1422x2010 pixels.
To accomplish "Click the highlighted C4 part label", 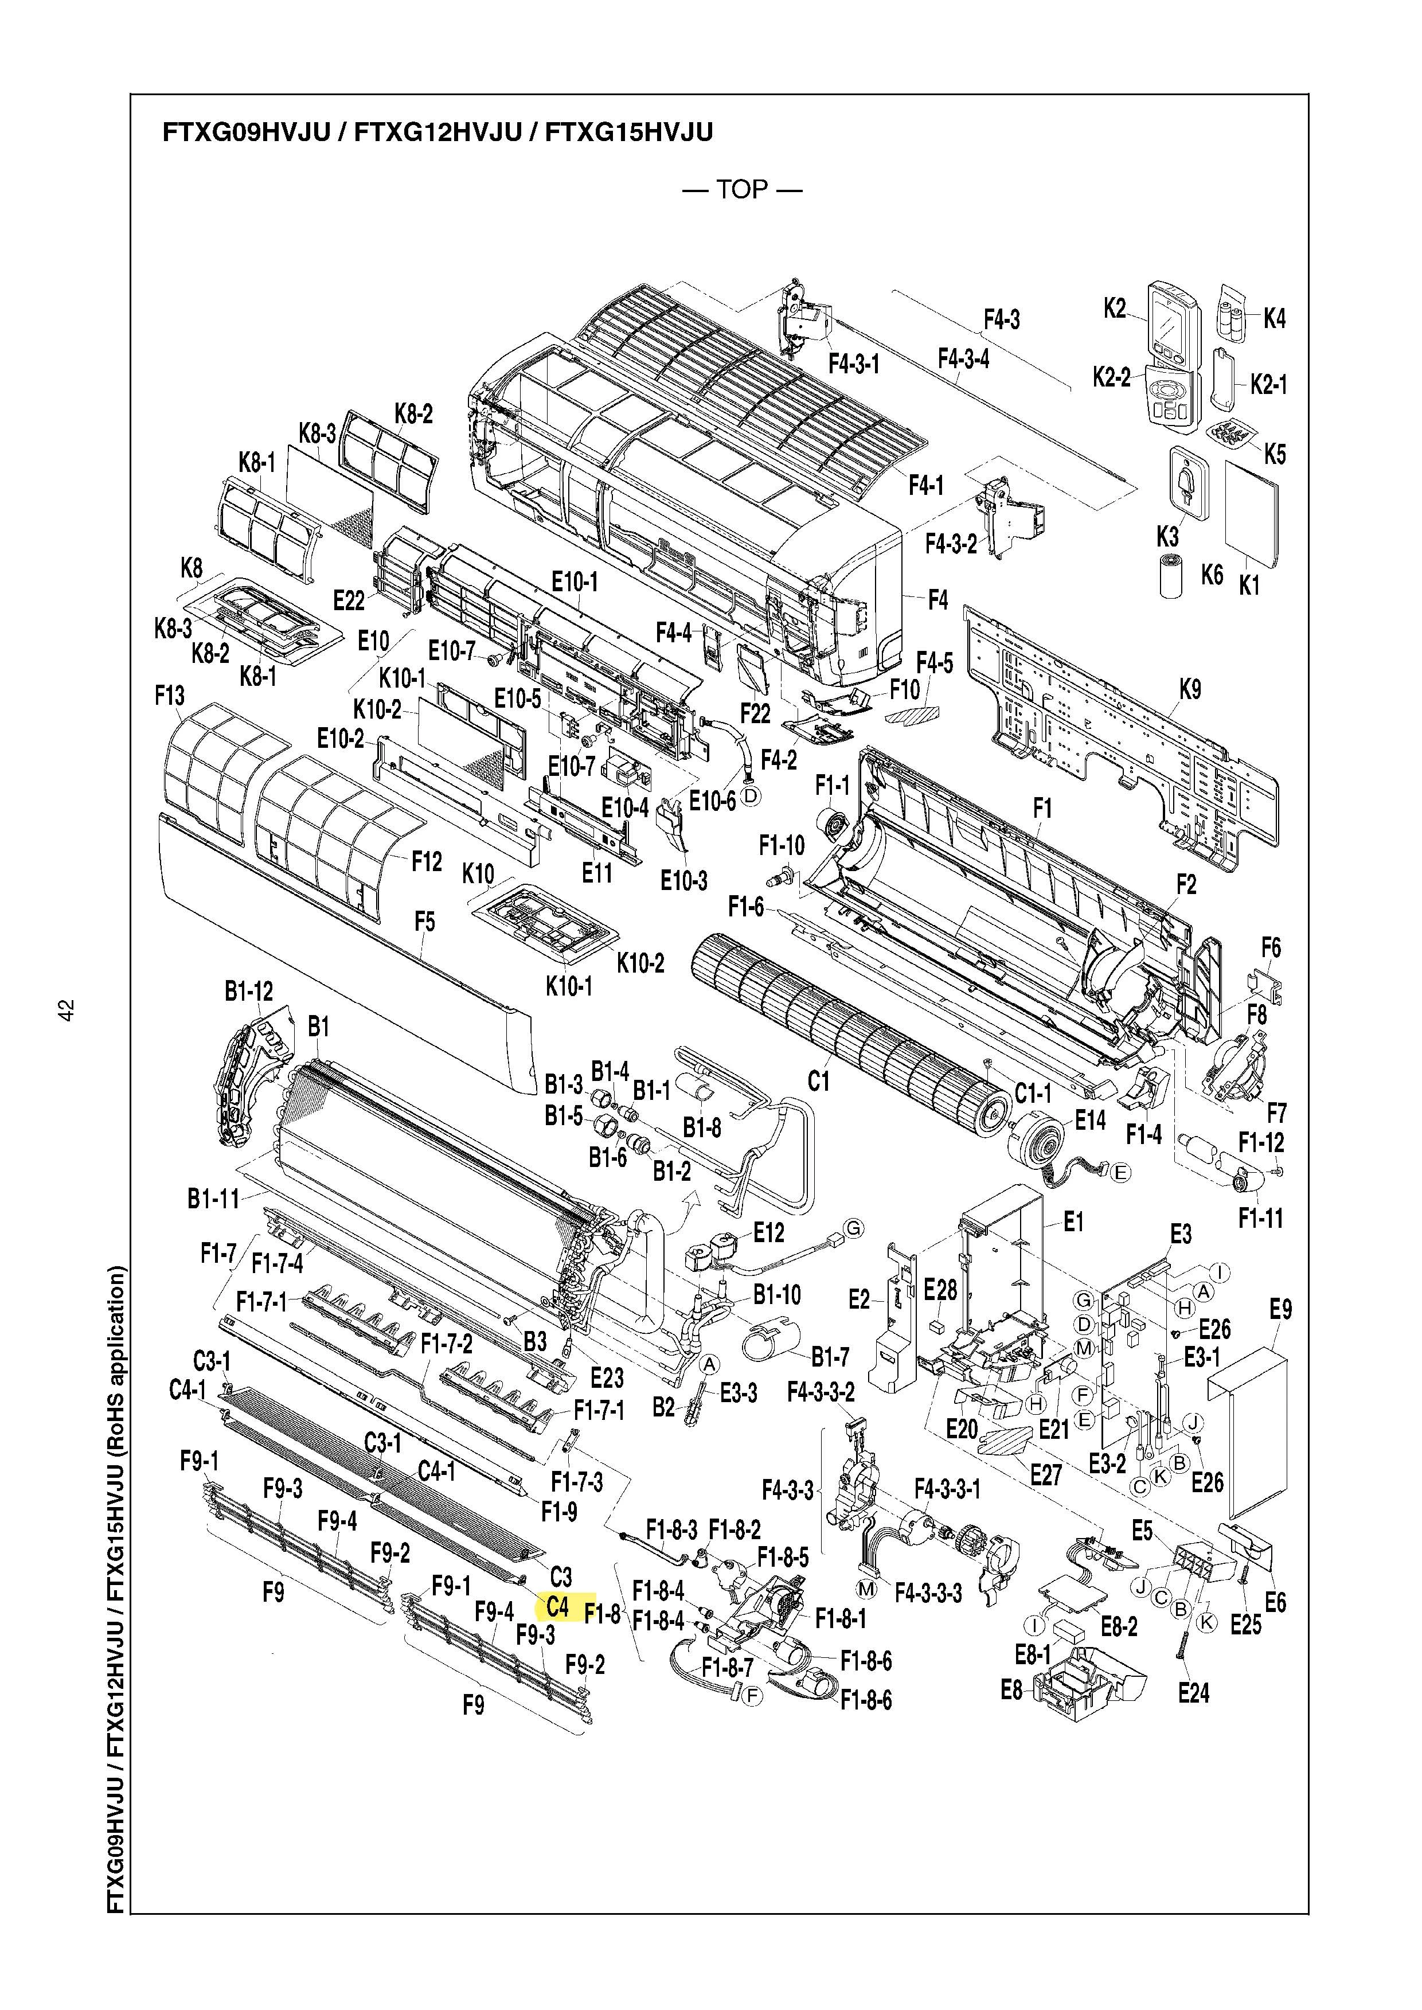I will tap(558, 1606).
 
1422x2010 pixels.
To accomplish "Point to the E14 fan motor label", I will tap(1090, 1120).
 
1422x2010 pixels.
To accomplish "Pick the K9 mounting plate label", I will tap(1190, 689).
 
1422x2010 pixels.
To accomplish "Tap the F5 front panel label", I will tap(425, 922).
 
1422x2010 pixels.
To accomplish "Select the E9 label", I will tap(1280, 1309).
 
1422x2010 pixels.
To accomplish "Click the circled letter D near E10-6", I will tap(751, 795).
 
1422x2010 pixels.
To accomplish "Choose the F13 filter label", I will tap(170, 696).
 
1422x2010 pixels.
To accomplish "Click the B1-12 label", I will tap(249, 992).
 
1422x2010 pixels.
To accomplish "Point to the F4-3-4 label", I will tap(963, 358).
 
